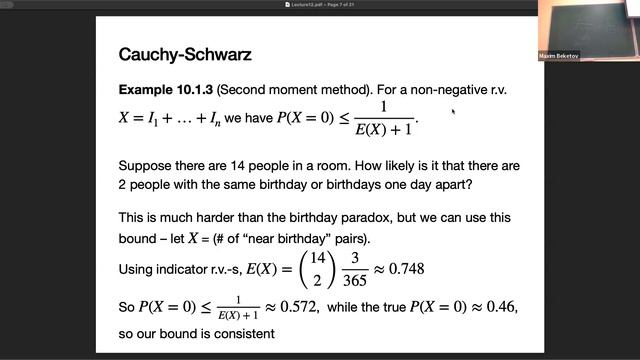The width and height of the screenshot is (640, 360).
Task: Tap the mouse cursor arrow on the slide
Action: tap(453, 111)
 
